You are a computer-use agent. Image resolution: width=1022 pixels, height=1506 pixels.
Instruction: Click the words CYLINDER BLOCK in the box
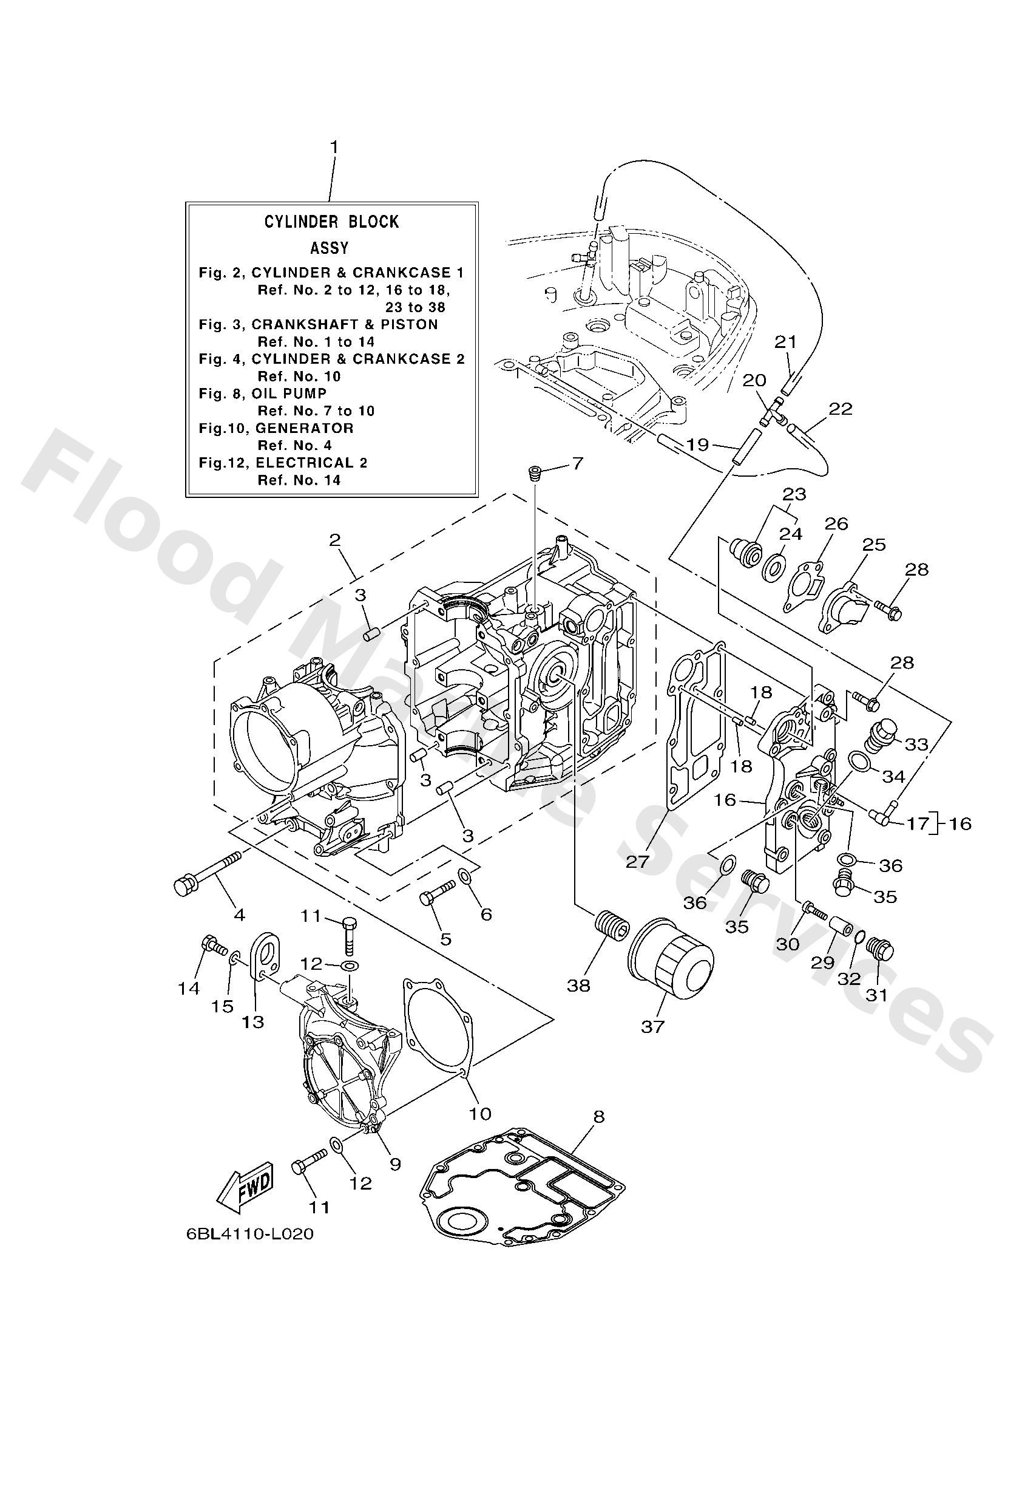pos(331,222)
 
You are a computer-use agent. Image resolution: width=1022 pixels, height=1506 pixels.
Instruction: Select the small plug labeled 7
pos(534,473)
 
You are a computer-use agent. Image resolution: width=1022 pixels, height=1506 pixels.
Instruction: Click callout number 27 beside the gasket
pos(637,860)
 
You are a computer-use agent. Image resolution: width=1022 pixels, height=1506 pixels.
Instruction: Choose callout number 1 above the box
pos(334,148)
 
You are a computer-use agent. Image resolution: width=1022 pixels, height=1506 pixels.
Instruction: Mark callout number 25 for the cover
pos(874,544)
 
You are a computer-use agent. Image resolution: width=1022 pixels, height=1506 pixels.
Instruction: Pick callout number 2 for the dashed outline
pos(335,540)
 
